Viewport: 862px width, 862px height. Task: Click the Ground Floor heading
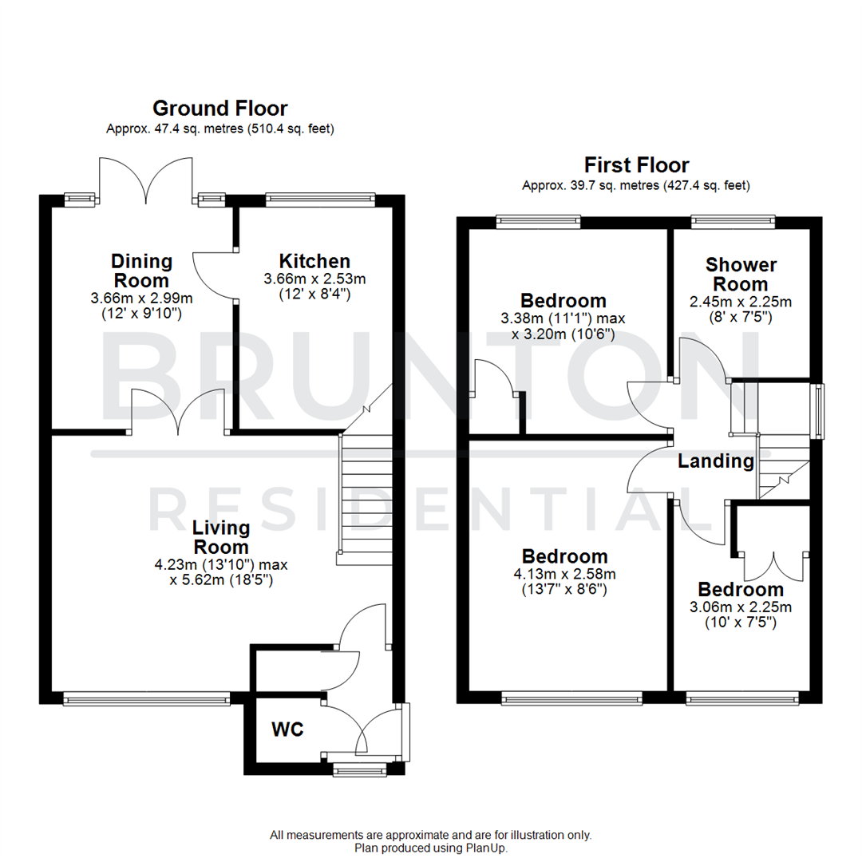click(219, 108)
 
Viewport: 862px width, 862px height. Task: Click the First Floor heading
click(636, 165)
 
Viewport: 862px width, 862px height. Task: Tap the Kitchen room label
click(314, 261)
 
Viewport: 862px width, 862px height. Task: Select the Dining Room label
click(141, 271)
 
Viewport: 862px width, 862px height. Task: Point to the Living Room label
click(221, 537)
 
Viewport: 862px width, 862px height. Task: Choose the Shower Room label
click(740, 274)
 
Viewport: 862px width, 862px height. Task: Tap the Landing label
click(715, 461)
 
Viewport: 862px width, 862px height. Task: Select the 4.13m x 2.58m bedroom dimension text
click(563, 574)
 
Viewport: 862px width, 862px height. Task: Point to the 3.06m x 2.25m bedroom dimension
click(740, 607)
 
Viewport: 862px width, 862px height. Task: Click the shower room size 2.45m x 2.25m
click(740, 302)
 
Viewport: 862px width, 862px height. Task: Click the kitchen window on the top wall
click(319, 200)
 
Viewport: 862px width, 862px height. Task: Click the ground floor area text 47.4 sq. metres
click(219, 129)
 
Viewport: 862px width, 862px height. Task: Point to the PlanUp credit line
click(430, 848)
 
